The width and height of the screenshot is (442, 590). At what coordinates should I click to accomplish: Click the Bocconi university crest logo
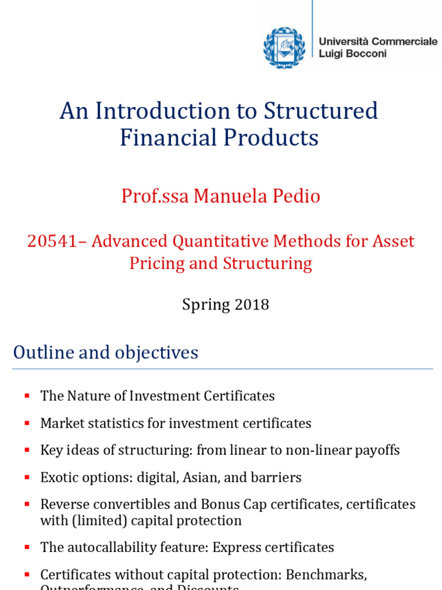point(284,47)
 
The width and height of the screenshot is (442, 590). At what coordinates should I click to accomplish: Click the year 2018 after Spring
point(252,304)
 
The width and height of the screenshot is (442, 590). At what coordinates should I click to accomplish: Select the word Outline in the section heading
point(40,352)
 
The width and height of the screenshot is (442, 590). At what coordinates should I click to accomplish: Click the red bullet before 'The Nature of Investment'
point(26,396)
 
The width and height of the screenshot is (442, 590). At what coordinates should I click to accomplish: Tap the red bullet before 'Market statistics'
point(26,423)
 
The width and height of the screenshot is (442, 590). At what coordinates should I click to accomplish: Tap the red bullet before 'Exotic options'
point(26,478)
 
